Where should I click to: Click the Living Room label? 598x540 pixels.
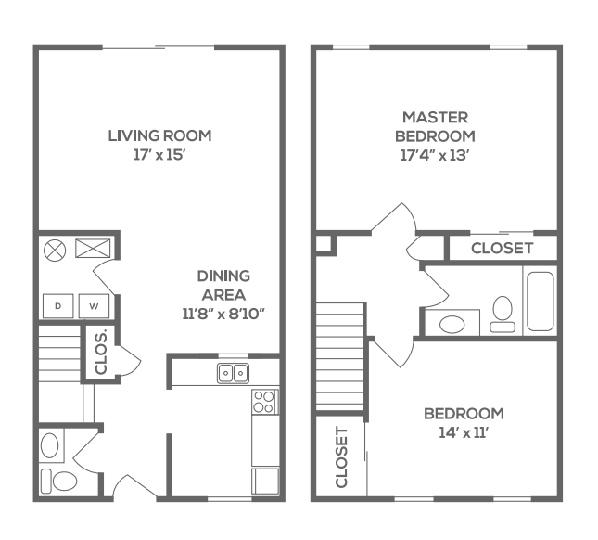159,135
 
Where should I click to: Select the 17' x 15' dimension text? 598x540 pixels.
159,155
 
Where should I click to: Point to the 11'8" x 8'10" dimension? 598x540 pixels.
223,314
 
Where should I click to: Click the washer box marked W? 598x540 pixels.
94,305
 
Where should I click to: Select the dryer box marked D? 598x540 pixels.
57,305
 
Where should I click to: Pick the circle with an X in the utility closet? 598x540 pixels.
55,249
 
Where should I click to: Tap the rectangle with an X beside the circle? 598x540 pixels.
93,248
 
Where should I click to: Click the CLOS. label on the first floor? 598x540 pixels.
99,353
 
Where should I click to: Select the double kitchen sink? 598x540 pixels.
233,373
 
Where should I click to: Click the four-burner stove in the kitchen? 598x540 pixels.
264,401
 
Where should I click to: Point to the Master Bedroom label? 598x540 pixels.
435,126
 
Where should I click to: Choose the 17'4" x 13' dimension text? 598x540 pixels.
435,155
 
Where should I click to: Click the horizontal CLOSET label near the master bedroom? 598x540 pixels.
502,248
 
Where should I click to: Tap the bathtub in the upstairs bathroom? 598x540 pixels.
540,301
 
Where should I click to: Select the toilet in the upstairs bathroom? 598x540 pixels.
503,313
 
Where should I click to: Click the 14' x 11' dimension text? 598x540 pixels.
464,431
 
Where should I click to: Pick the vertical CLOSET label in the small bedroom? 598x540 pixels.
340,457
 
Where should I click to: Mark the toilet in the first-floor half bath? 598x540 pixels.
62,480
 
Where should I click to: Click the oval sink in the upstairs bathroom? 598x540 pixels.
452,324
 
